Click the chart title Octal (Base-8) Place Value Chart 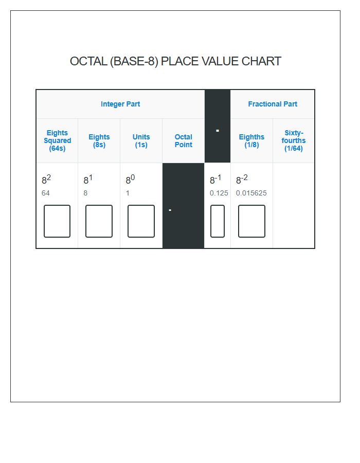pos(175,61)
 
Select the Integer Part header pos(120,104)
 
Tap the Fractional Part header pos(273,104)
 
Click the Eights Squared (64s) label pos(57,140)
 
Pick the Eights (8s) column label pos(99,140)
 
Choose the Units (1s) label pos(141,140)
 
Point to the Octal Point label pos(184,140)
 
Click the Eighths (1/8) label pos(251,140)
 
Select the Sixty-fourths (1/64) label pos(294,140)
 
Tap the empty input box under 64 pos(57,221)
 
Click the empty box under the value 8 pos(99,221)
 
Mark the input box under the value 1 pos(141,221)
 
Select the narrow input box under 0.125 pos(218,221)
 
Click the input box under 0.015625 pos(251,221)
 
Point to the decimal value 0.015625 pos(251,193)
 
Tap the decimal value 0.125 pos(219,193)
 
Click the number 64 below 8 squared pos(46,193)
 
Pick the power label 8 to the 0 pos(130,180)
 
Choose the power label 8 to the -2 pos(242,180)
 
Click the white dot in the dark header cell pos(218,131)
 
